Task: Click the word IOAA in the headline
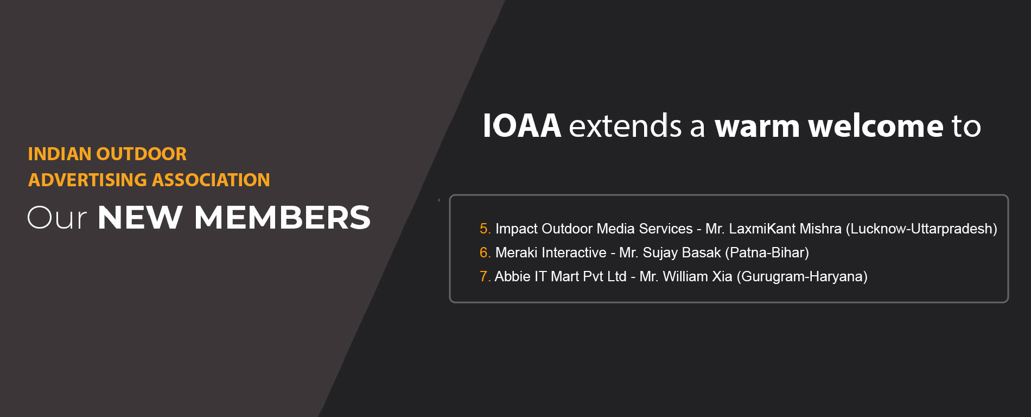click(x=521, y=126)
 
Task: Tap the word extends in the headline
click(x=625, y=126)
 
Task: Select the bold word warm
click(x=757, y=127)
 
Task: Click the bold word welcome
click(x=876, y=126)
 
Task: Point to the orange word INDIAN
click(x=60, y=154)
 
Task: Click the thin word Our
click(x=57, y=218)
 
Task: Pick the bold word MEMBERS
click(x=282, y=218)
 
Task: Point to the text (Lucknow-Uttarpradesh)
click(x=921, y=229)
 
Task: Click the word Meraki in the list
click(x=517, y=252)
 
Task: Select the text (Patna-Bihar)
click(x=767, y=253)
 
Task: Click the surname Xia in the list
click(x=722, y=276)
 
